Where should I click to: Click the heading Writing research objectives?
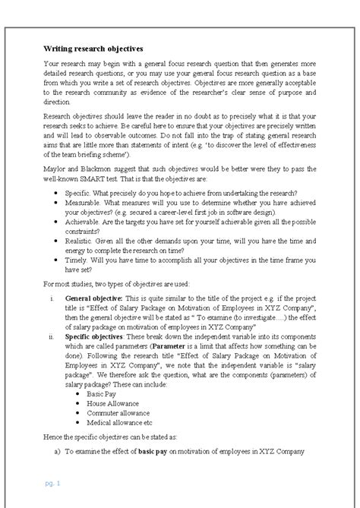click(93, 46)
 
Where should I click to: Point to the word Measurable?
click(84, 214)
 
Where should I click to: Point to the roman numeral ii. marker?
click(51, 362)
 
